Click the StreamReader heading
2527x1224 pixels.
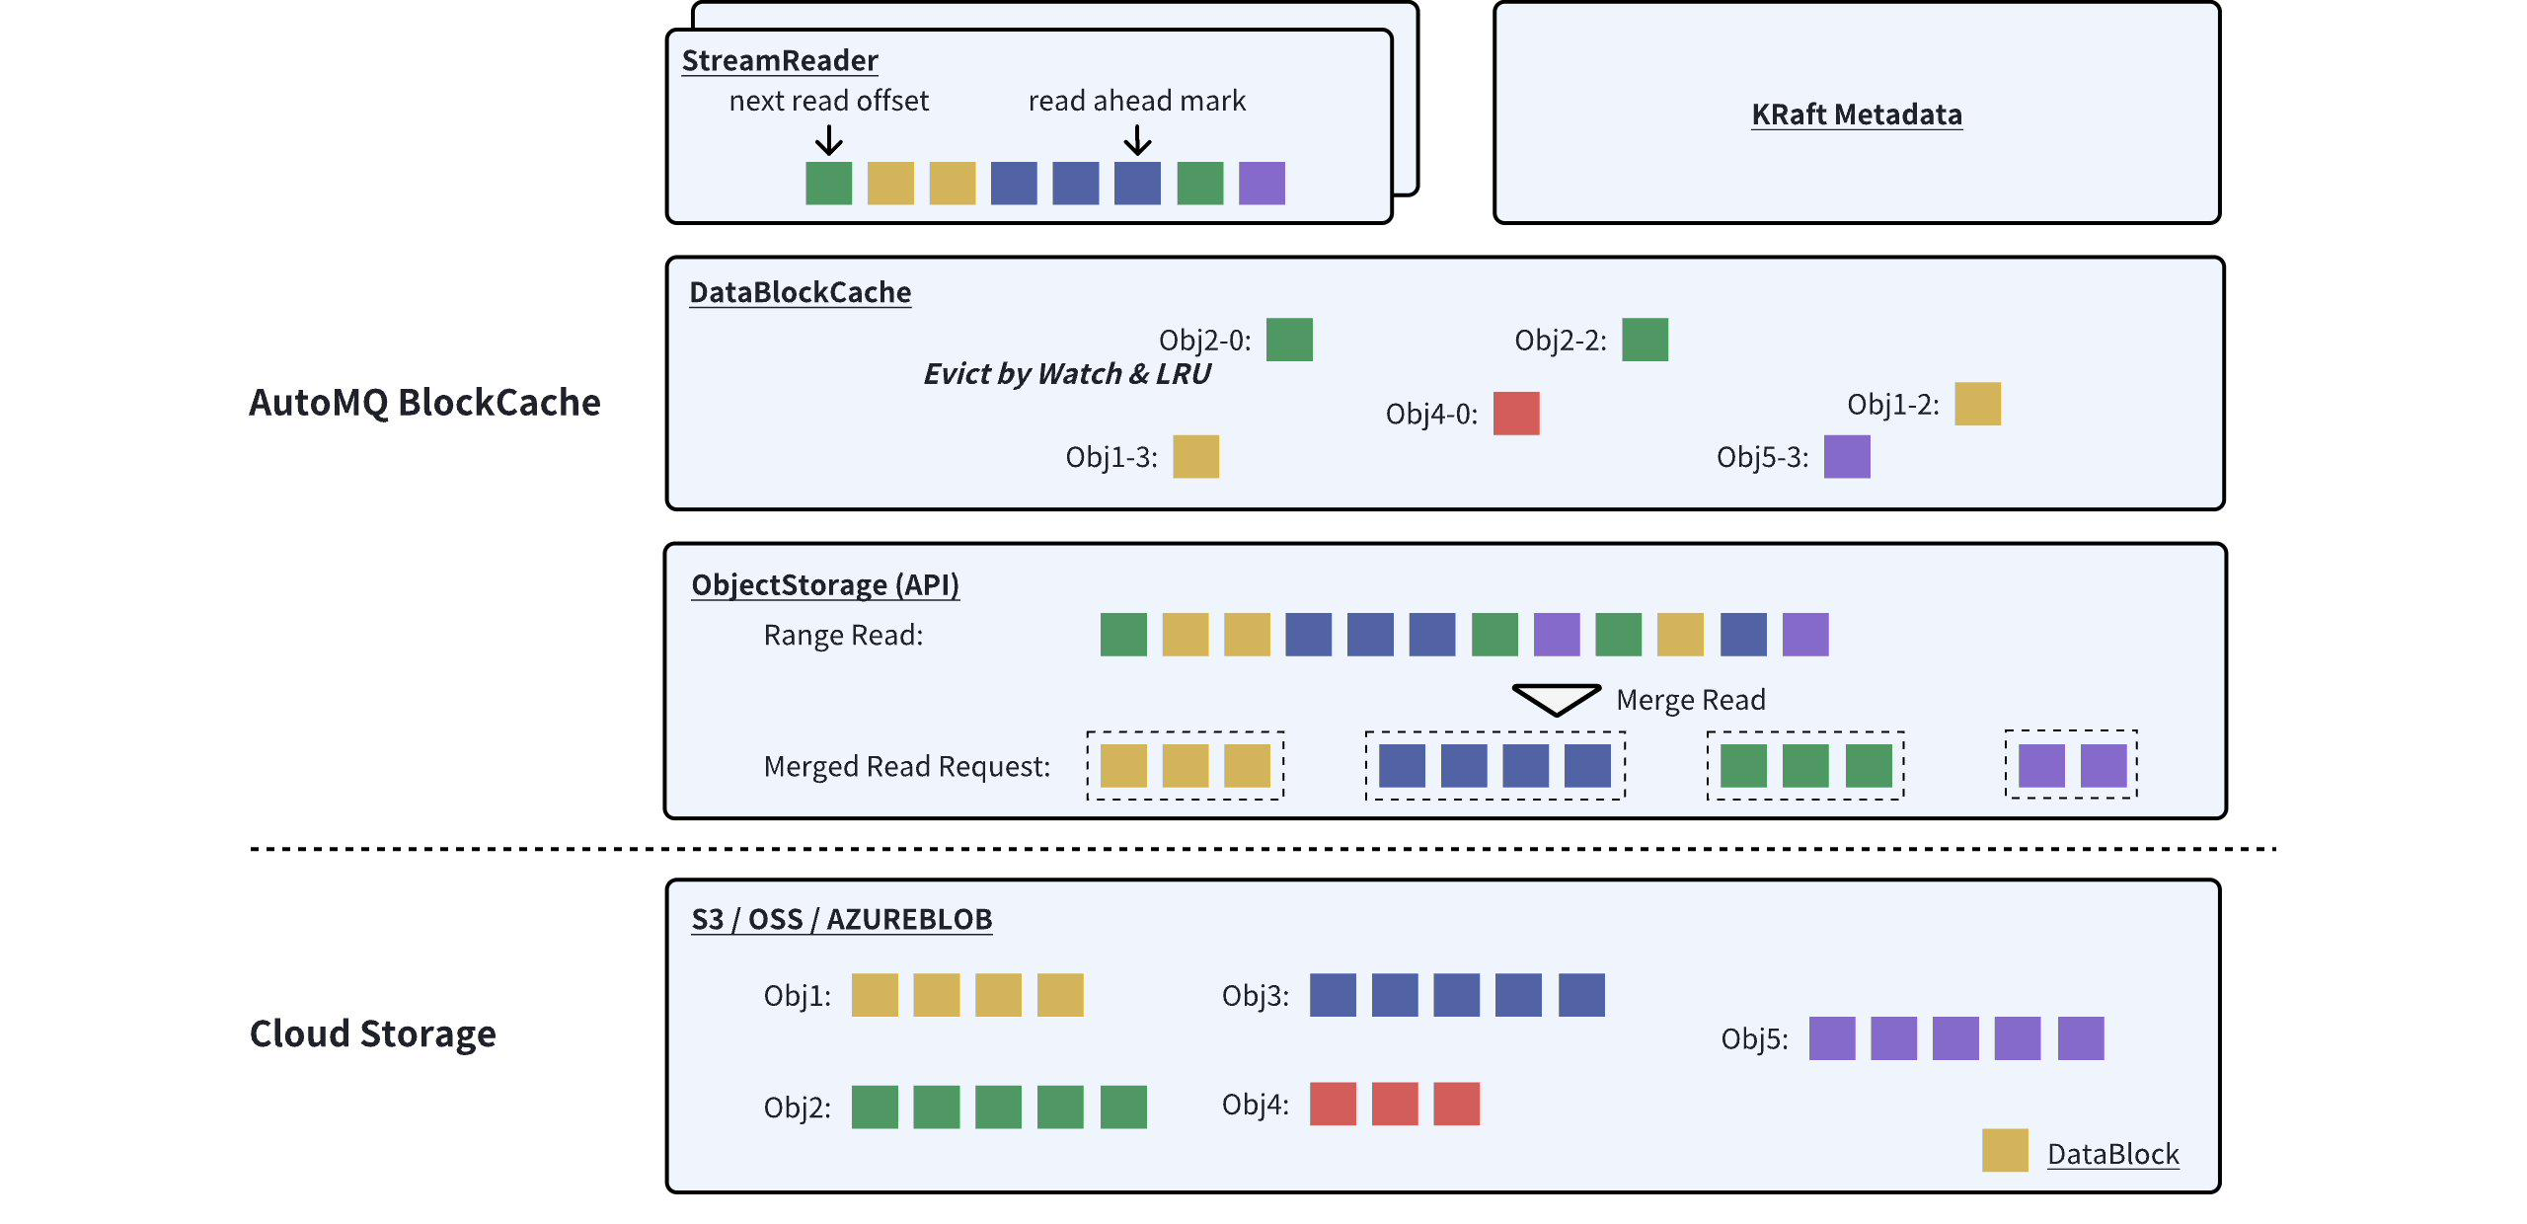780,60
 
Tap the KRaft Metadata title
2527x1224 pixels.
1856,115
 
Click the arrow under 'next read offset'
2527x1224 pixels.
829,141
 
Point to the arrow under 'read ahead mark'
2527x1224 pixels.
1137,141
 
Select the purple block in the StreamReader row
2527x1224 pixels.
1262,184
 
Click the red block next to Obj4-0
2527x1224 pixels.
1516,414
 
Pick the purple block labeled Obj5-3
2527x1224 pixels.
1847,457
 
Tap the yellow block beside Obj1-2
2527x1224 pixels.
1977,404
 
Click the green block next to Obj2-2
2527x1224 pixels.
1645,340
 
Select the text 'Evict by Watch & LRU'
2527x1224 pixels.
1066,374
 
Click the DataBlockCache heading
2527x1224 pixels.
800,292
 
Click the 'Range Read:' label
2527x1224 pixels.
843,635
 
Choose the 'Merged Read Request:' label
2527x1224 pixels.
906,766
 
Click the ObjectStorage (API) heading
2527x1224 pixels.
824,584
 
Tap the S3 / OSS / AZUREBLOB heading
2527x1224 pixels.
841,919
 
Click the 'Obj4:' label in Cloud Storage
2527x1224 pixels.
1255,1104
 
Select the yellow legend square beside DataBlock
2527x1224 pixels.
2005,1151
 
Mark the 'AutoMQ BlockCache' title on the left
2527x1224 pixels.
424,403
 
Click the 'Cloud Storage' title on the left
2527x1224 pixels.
372,1033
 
